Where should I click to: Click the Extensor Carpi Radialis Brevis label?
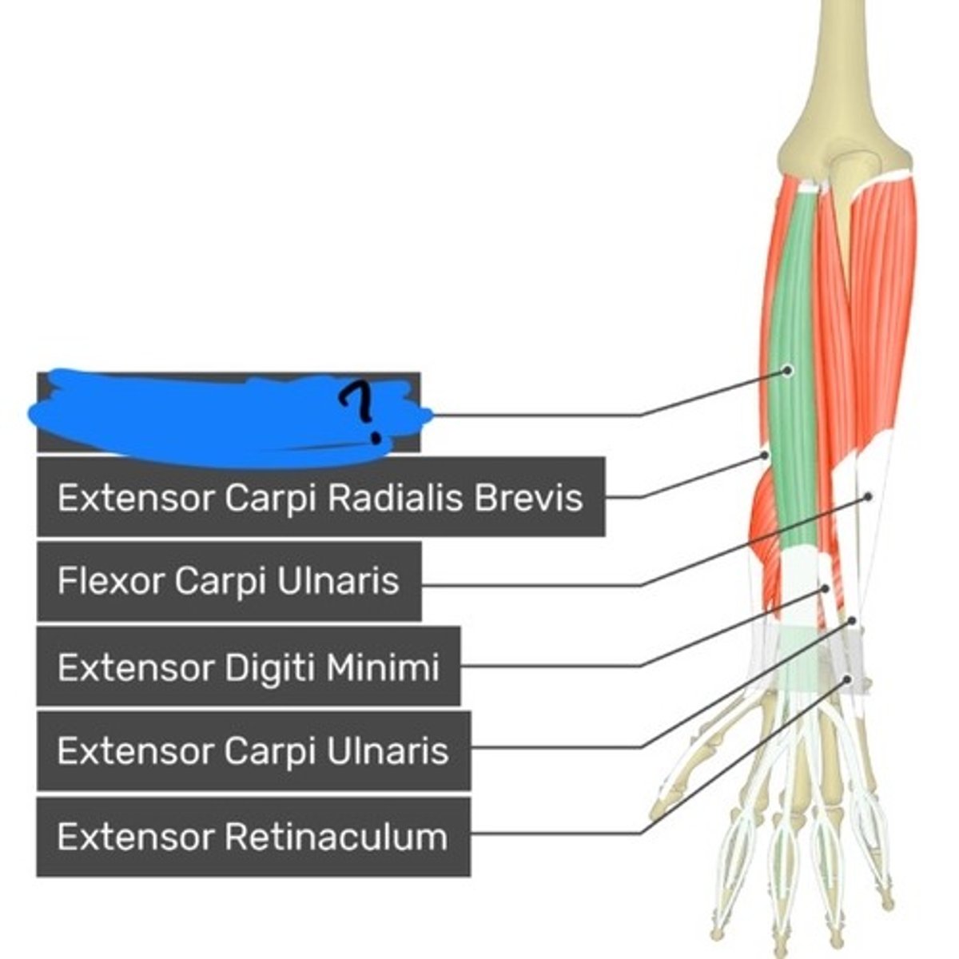[320, 497]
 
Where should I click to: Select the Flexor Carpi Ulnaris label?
[229, 581]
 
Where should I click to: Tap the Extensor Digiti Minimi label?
[249, 667]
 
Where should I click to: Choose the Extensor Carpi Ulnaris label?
[253, 751]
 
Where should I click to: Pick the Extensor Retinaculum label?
[253, 837]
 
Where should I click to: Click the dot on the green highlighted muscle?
[788, 370]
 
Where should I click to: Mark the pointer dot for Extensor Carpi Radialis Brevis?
[765, 455]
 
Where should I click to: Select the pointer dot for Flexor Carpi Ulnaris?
[869, 496]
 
